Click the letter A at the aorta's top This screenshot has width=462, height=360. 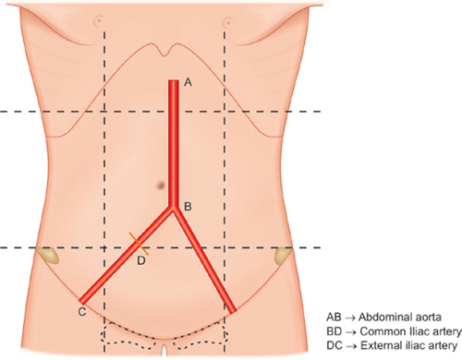(188, 82)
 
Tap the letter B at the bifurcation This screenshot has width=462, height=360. (188, 207)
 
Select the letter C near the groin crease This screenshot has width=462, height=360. (82, 312)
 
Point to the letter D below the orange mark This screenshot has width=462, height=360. (141, 260)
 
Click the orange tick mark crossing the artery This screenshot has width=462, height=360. (139, 244)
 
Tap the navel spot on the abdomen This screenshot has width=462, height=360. (161, 185)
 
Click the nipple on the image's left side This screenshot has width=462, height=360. (99, 21)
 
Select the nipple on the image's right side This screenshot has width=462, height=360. (228, 22)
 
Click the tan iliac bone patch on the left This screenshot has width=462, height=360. (49, 255)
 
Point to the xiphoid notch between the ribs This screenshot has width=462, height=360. (166, 54)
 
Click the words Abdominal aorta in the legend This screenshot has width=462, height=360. (400, 317)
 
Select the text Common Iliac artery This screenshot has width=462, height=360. (410, 331)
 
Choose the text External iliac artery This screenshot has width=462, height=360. (408, 345)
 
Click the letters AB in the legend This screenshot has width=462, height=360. (334, 318)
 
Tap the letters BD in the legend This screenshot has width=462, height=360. (334, 331)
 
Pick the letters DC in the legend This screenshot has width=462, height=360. (334, 346)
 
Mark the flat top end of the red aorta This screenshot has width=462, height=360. (174, 80)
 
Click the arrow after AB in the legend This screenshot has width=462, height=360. (350, 318)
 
